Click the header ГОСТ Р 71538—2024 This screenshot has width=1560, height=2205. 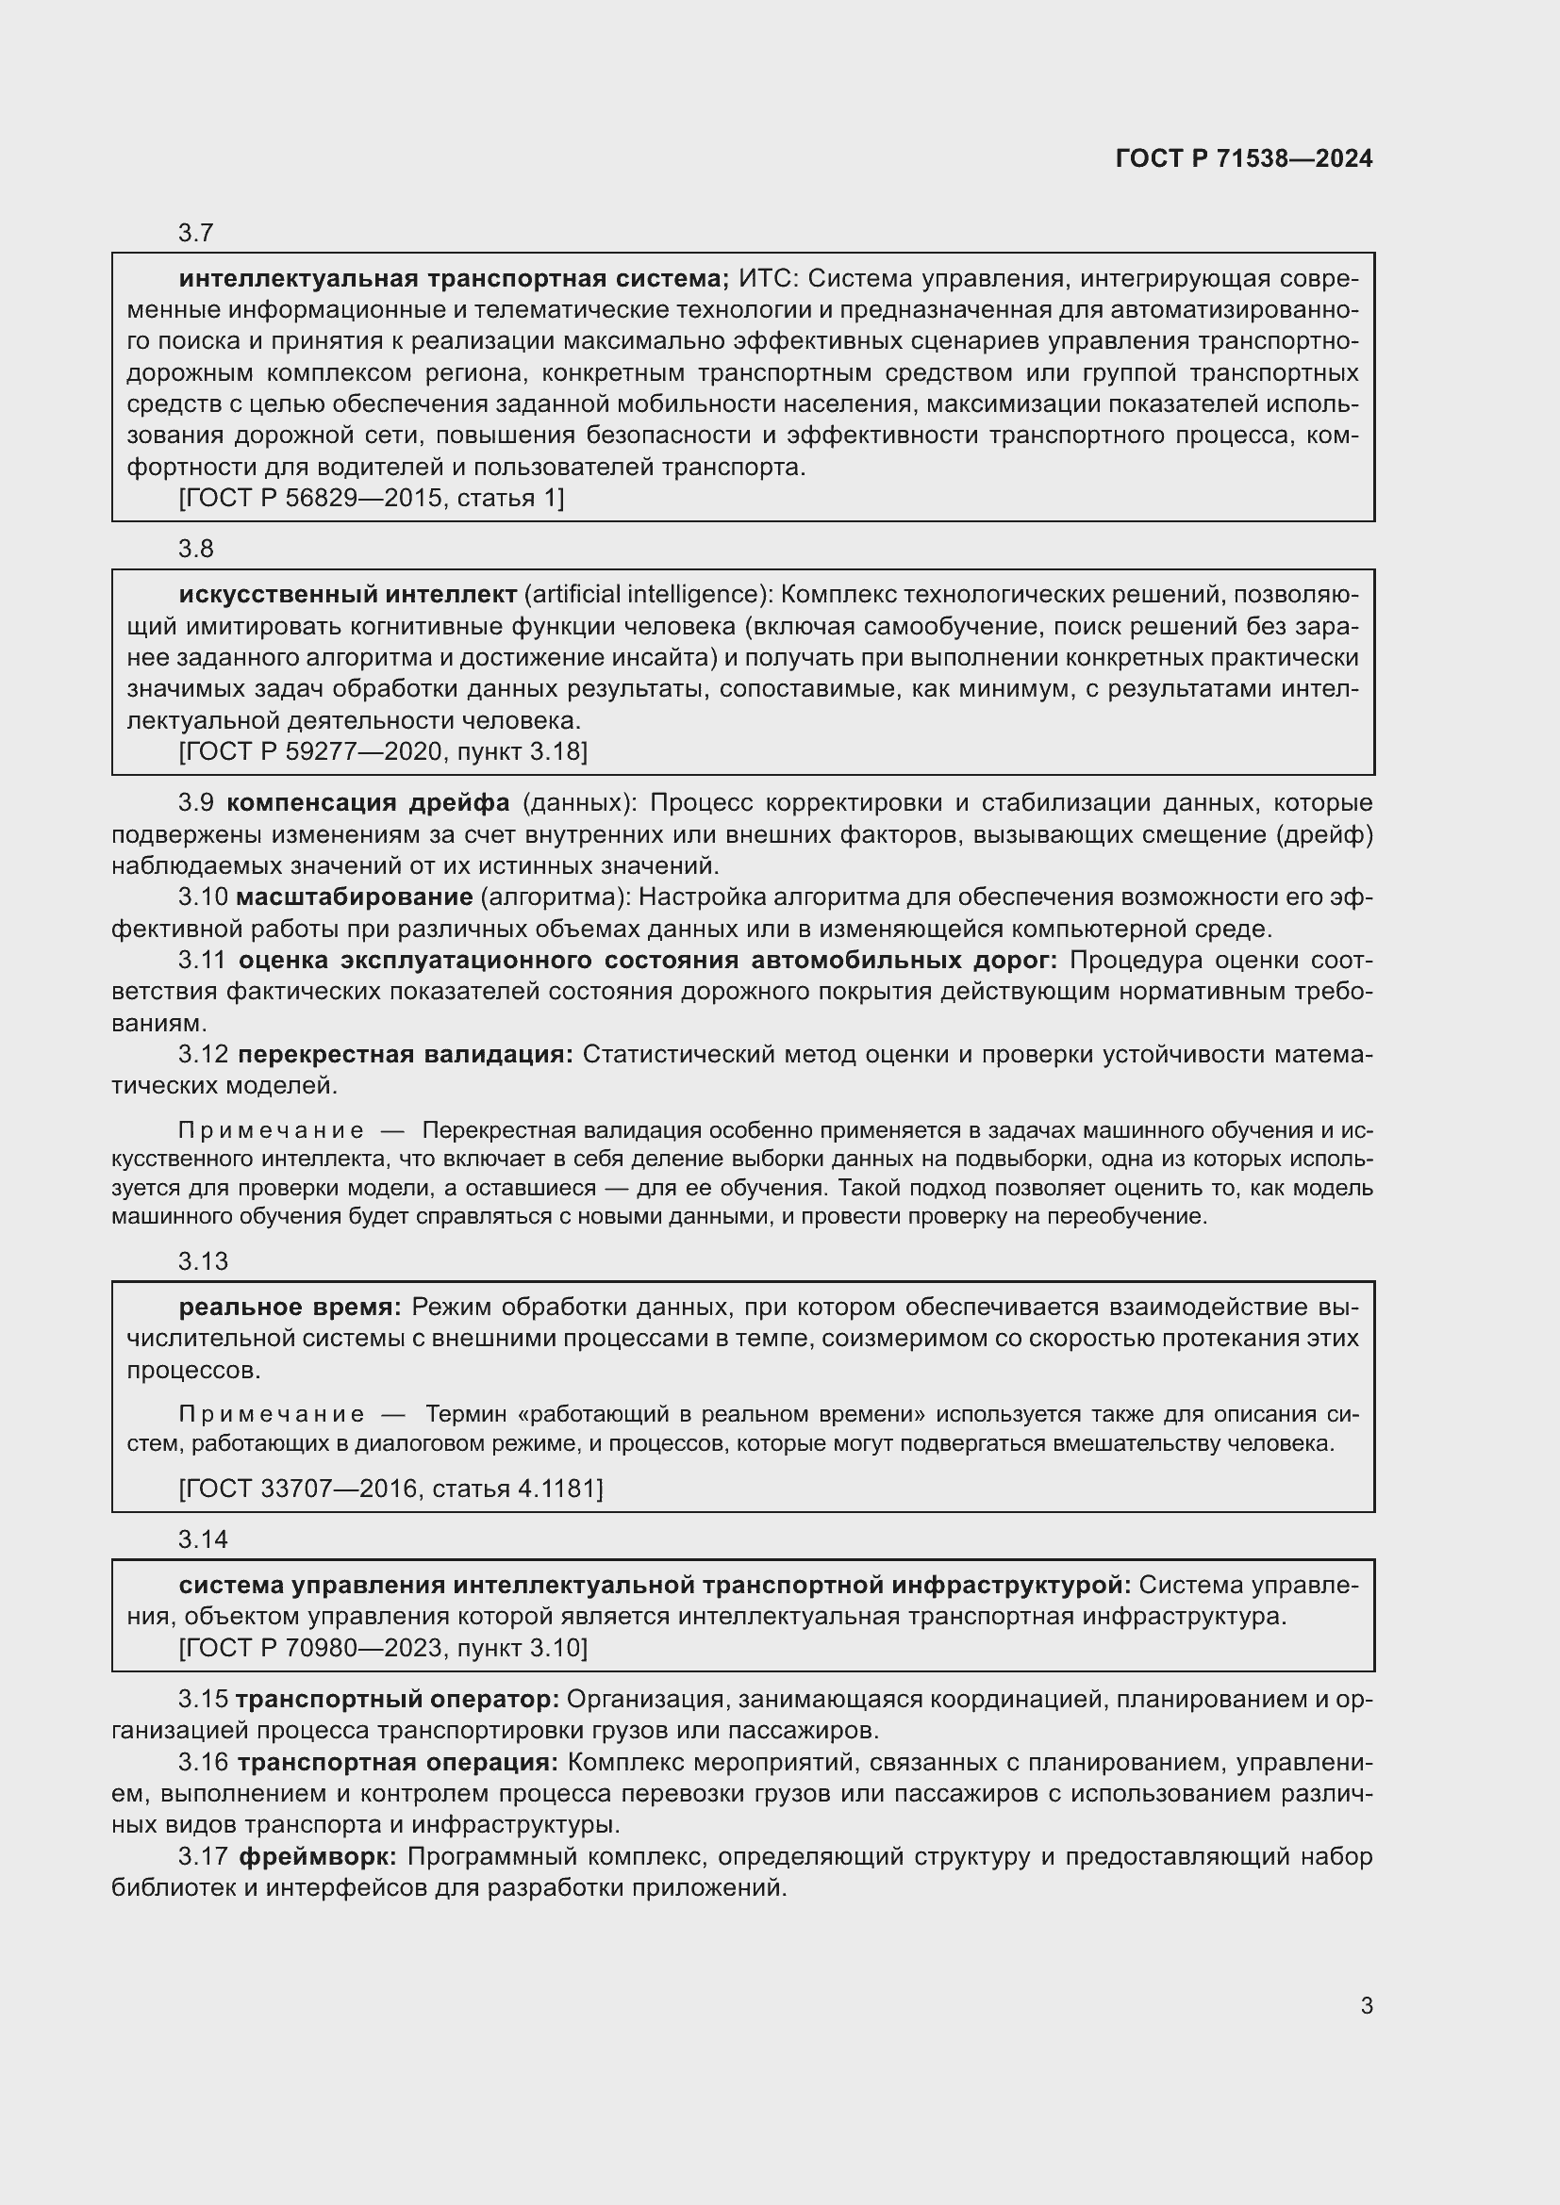(x=1244, y=158)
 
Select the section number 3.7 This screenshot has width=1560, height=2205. (x=196, y=233)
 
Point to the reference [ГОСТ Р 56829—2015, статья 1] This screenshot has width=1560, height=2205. (x=372, y=498)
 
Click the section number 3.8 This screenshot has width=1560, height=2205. (x=196, y=549)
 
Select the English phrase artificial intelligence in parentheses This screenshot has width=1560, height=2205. (x=647, y=595)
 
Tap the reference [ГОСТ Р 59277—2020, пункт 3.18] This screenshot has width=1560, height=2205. (x=383, y=751)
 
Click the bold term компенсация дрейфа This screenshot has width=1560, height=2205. (x=369, y=803)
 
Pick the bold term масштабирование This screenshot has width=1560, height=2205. (x=355, y=897)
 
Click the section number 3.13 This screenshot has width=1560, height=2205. (x=203, y=1261)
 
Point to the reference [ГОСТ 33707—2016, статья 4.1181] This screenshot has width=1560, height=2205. (x=391, y=1489)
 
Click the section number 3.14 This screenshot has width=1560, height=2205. (x=203, y=1539)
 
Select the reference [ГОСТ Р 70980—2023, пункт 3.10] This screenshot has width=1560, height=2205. (x=383, y=1648)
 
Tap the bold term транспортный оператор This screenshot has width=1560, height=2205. (x=397, y=1699)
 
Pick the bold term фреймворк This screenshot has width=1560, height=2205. (x=317, y=1856)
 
